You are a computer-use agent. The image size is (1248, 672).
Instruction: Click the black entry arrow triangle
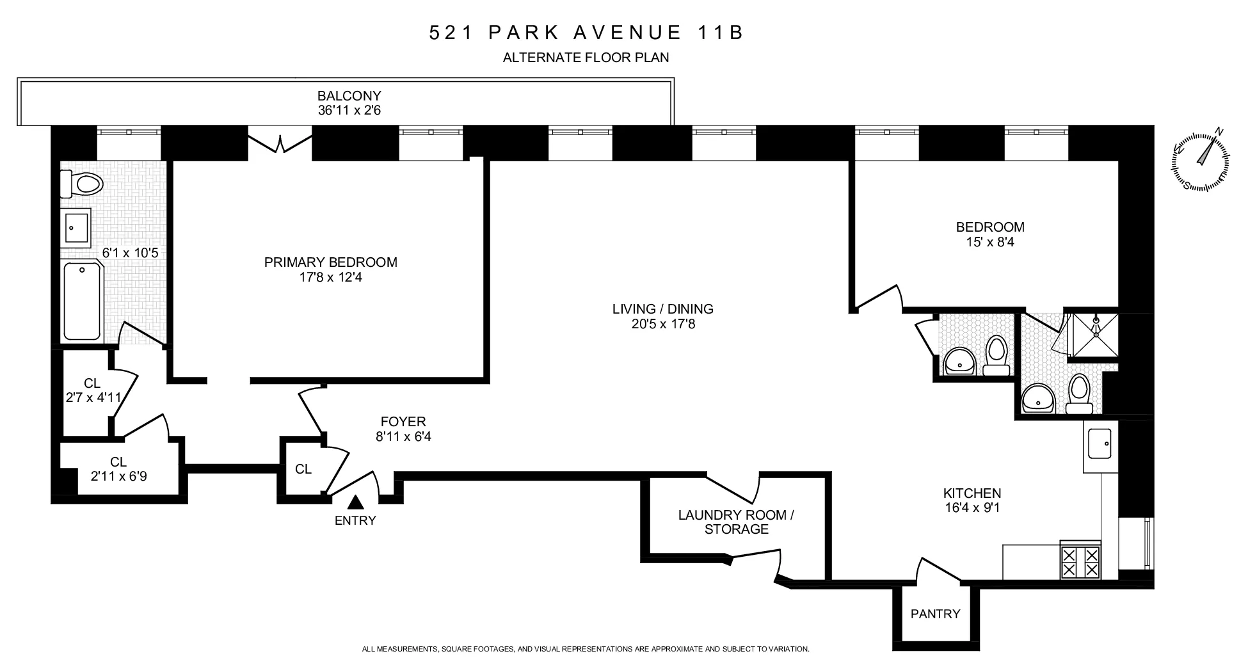click(x=355, y=502)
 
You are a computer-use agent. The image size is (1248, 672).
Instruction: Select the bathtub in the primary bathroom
click(x=82, y=301)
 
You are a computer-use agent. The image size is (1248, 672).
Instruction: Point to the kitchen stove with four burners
click(x=1080, y=561)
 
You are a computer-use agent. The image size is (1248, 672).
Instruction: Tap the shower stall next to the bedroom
click(x=1096, y=334)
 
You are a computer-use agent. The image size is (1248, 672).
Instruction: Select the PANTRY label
click(x=935, y=614)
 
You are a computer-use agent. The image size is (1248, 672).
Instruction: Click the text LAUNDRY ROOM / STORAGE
click(x=736, y=522)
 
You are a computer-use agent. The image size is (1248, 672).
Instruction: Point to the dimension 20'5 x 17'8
click(x=663, y=324)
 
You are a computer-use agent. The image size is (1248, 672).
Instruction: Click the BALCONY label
click(x=349, y=95)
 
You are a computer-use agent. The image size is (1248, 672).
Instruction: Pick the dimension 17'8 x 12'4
click(x=331, y=278)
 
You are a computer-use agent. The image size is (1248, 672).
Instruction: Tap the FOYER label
click(x=403, y=422)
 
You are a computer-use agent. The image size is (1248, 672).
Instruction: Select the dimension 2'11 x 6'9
click(x=118, y=476)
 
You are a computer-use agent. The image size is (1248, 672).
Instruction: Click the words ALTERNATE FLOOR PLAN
click(x=586, y=58)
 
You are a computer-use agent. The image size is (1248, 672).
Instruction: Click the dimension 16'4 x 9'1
click(x=972, y=509)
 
